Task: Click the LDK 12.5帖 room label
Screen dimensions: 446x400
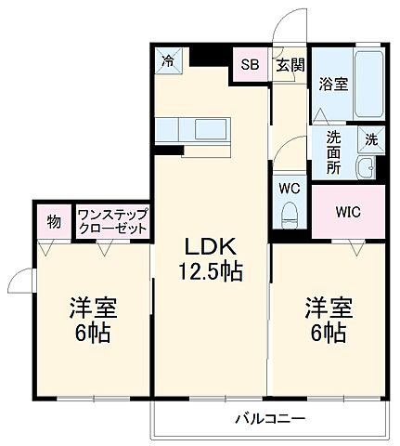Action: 212,258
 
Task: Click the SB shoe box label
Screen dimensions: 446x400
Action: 250,64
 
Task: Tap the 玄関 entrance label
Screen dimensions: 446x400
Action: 289,64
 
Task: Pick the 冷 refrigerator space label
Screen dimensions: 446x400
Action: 168,60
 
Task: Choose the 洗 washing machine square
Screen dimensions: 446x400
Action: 370,139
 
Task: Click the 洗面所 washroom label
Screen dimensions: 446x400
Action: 332,152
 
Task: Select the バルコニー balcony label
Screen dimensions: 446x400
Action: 269,418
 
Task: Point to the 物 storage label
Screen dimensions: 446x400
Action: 55,221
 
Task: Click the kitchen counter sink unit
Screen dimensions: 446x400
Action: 192,128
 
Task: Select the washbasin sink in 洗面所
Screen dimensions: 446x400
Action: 365,169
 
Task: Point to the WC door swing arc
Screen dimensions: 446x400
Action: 289,151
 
